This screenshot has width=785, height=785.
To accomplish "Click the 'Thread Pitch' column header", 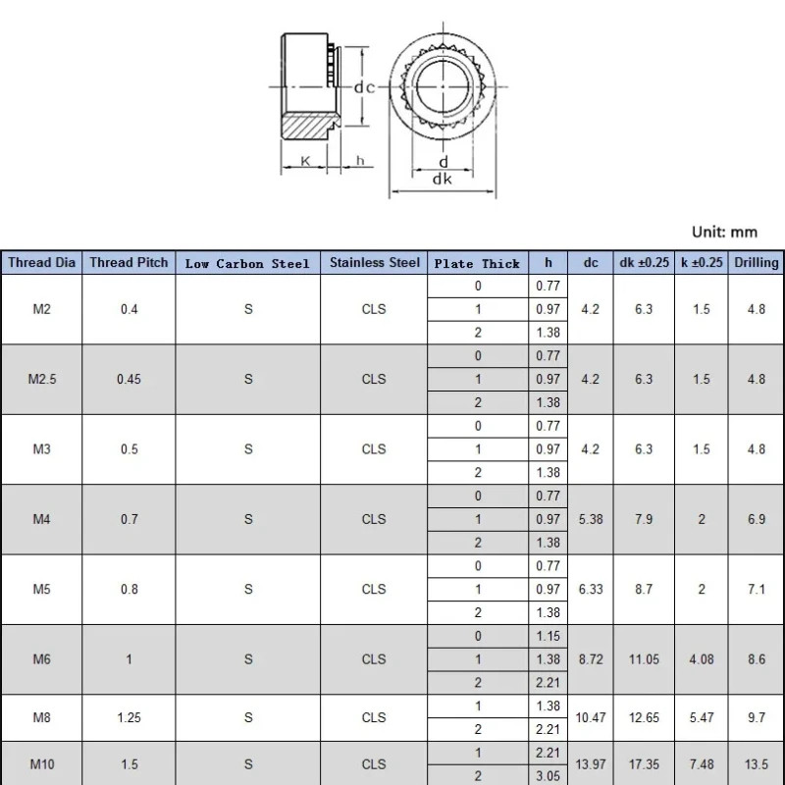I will tap(129, 262).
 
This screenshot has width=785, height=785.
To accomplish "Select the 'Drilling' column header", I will tap(756, 262).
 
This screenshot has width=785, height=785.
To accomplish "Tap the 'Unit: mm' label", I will tap(724, 232).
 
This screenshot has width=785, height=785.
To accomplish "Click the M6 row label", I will tap(41, 659).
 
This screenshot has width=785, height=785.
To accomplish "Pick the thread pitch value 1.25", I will tap(129, 717).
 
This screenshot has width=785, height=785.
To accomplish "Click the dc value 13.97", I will tap(591, 763).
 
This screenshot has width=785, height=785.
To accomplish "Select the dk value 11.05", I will tap(644, 659).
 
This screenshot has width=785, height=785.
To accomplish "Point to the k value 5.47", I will tap(702, 717).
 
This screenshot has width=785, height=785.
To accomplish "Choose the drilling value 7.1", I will tap(756, 589).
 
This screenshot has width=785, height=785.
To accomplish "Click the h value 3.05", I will tap(549, 775).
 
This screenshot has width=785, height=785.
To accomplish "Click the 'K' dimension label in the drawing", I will tap(305, 160).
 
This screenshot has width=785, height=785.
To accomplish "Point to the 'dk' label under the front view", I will tap(442, 180).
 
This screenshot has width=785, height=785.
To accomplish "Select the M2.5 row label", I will tap(41, 379).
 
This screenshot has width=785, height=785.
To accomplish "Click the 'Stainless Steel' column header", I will tap(374, 262).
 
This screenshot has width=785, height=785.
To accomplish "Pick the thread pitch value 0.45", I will tap(129, 379).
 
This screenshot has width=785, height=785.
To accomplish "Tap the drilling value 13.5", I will tap(756, 763).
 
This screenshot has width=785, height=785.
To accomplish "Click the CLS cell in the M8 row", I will tap(374, 717).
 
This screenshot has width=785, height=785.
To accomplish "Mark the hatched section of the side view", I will tap(306, 127).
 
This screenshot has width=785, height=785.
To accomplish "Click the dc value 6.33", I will tap(591, 589).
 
